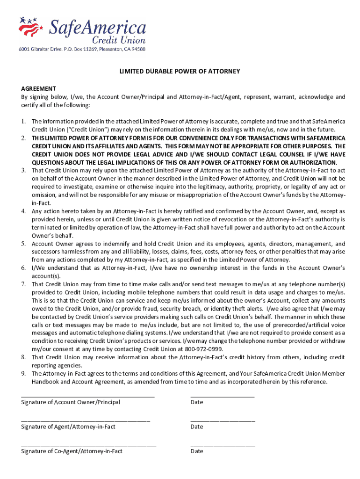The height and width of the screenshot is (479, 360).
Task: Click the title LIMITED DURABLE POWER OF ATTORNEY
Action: (180, 72)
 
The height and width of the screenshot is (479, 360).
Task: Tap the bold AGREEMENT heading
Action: (38, 88)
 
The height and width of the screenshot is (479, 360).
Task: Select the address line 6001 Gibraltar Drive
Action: (82, 49)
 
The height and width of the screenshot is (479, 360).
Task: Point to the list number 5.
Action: (23, 244)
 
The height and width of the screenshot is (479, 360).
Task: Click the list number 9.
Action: (23, 374)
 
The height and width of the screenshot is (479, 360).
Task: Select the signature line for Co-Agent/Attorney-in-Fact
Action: (88, 445)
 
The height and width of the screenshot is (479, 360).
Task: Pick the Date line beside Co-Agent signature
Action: (223, 445)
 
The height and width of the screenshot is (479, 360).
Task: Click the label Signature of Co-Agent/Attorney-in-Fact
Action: (72, 451)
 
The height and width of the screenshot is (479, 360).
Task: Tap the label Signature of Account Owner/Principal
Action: (71, 402)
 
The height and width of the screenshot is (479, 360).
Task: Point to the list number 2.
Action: (23, 138)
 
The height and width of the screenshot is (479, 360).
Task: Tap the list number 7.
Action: (23, 284)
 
